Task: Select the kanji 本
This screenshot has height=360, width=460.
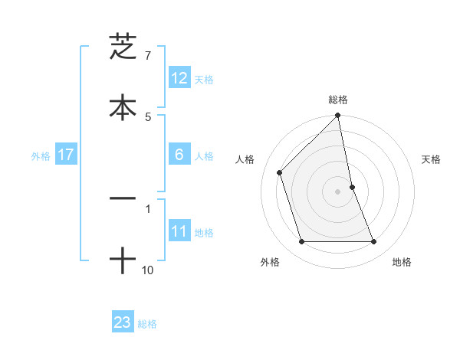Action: pyautogui.click(x=123, y=106)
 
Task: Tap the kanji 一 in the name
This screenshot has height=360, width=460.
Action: pyautogui.click(x=123, y=198)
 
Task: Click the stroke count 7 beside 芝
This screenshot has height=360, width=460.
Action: pyautogui.click(x=148, y=56)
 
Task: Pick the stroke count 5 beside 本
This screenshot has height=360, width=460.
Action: pyautogui.click(x=148, y=116)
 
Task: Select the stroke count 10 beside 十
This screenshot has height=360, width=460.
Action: pyautogui.click(x=148, y=270)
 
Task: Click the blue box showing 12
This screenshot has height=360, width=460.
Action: pyautogui.click(x=179, y=78)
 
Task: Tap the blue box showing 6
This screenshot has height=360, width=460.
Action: pyautogui.click(x=179, y=155)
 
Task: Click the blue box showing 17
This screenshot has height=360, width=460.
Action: pyautogui.click(x=66, y=155)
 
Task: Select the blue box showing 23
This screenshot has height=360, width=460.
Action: pyautogui.click(x=123, y=322)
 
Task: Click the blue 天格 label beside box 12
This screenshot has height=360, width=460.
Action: pyautogui.click(x=204, y=80)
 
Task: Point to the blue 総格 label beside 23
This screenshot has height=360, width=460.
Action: pyautogui.click(x=147, y=324)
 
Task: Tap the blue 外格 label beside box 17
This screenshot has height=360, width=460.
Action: pyautogui.click(x=41, y=156)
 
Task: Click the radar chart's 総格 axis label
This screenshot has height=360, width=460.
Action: pyautogui.click(x=338, y=100)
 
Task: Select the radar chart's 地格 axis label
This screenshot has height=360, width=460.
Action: pyautogui.click(x=402, y=263)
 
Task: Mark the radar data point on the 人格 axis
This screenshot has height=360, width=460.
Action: pyautogui.click(x=280, y=172)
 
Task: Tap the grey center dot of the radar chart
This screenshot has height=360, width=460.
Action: pyautogui.click(x=338, y=191)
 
